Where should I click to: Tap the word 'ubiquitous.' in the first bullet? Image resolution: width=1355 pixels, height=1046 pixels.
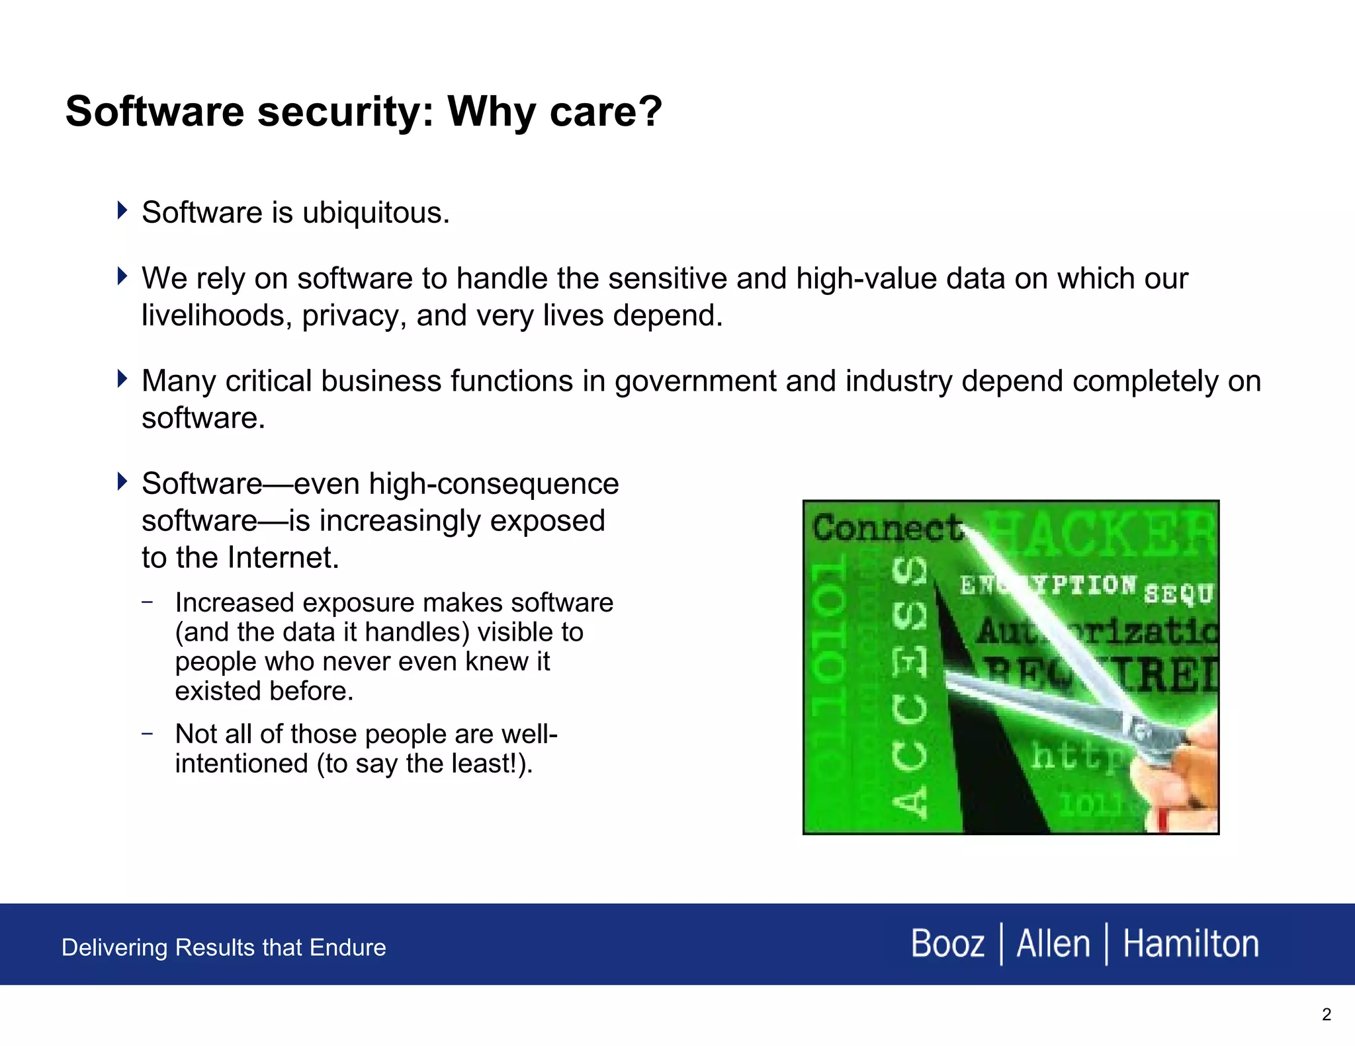pos(376,213)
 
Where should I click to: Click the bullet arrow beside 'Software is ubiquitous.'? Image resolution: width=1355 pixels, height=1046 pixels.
pos(122,210)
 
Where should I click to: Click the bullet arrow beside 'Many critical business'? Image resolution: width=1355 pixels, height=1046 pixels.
pos(122,379)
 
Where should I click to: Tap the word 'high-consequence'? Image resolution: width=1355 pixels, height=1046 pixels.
pos(494,484)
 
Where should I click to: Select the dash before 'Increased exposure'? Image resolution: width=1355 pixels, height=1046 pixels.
pos(148,602)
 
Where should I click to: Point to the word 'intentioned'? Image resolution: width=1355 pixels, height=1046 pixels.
pos(241,764)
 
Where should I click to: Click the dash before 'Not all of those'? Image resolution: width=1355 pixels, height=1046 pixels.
pos(148,733)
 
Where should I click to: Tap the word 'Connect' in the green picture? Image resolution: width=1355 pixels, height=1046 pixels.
pos(887,528)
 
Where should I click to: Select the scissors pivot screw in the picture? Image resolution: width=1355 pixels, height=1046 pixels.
pos(1139,732)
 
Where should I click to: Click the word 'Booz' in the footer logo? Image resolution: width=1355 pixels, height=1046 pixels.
pos(947,944)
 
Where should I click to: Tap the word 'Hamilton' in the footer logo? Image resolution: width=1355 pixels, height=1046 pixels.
pos(1190,944)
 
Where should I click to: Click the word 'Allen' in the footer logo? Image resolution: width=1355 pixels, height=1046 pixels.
pos(1053,944)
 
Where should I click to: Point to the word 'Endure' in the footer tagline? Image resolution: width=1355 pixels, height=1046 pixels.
pos(347,947)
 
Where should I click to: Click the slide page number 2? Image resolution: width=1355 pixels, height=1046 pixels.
pos(1326,1015)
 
